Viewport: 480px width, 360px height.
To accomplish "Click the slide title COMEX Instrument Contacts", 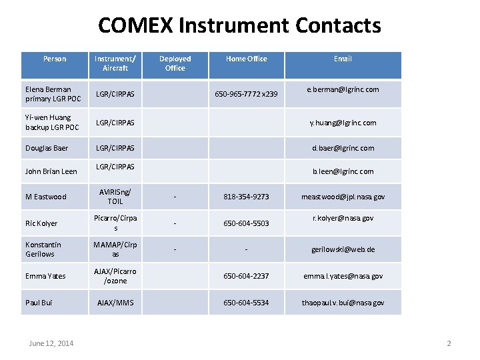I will pos(239,26).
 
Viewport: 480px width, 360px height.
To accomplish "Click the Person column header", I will pos(55,59).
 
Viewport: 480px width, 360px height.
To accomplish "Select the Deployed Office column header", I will pos(175,63).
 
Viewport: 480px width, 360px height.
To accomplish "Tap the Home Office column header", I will pos(246,59).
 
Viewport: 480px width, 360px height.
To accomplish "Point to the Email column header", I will pos(343,59).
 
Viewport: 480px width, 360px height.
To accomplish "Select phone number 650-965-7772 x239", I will pos(246,95).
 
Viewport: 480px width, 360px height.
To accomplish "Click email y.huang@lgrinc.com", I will pos(343,123).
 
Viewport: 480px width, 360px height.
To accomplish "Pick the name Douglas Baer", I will pos(47,148).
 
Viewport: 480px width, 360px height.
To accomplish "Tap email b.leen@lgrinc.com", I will pos(343,171).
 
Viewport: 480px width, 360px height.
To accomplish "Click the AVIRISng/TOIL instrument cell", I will pos(115,197).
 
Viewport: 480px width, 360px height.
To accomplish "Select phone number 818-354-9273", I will pos(246,197).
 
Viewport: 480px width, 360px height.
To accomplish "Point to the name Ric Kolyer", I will pos(41,223).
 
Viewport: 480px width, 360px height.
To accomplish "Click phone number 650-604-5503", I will pos(246,223).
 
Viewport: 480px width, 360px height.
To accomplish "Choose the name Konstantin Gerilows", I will pos(43,249).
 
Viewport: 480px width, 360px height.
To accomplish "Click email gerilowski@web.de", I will pos(343,249).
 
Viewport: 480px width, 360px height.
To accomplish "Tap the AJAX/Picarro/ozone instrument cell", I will pos(115,276).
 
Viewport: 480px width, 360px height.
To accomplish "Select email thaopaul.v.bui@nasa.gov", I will pos(343,303).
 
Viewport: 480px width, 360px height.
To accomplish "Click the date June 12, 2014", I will pos(51,343).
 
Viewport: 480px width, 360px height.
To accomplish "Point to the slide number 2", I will pos(449,343).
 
